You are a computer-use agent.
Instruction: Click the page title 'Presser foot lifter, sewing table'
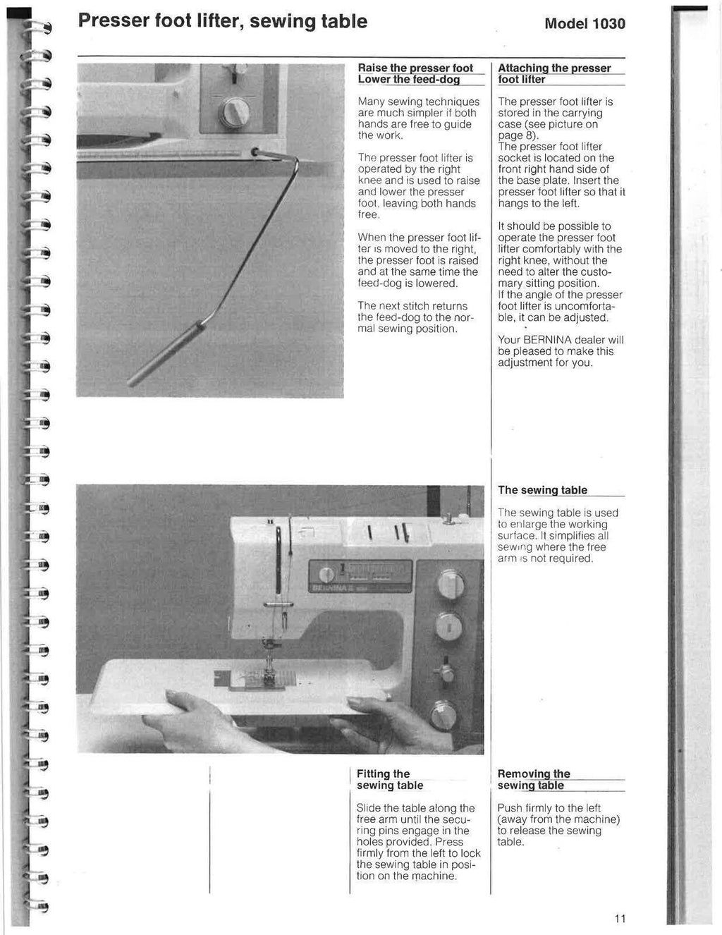222,22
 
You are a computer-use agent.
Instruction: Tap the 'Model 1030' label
585,24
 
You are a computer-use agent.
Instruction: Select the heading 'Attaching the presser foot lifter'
554,74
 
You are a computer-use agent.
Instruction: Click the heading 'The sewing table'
542,490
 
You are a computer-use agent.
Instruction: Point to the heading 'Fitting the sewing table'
390,779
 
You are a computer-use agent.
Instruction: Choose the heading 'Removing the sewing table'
534,779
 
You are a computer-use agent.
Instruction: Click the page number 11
620,918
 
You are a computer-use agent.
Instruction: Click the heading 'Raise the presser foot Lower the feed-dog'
416,74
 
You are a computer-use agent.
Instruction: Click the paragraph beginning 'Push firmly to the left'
558,825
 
